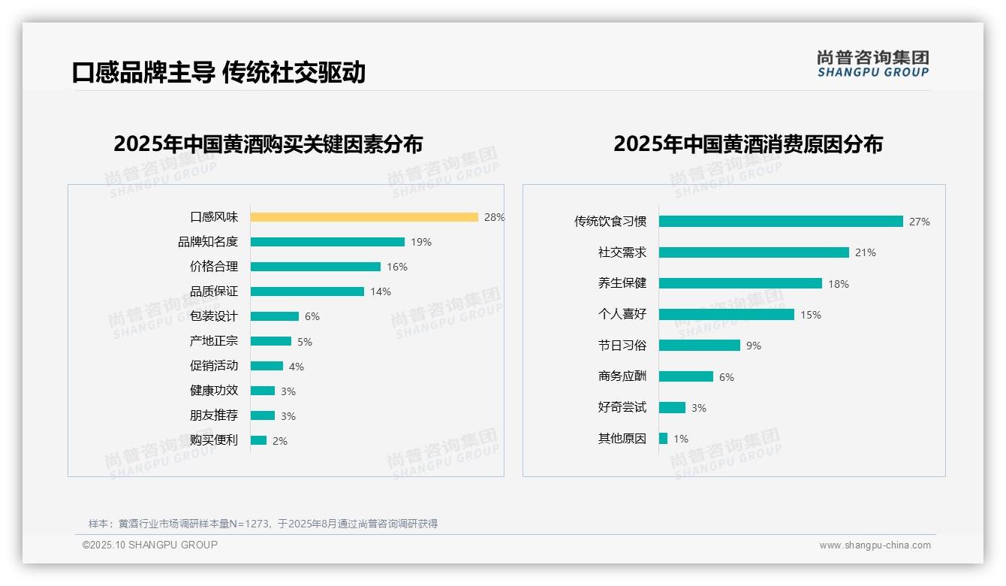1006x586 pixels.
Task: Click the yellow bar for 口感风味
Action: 364,217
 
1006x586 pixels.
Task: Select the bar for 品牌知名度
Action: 327,242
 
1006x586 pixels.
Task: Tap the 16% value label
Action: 397,267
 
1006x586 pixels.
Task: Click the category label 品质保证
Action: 214,291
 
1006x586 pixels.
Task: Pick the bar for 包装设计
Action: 275,316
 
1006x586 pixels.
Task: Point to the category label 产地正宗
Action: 214,341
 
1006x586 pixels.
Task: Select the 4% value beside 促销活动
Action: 297,367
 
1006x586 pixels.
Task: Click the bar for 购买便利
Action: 259,440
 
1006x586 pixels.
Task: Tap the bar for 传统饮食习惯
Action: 781,222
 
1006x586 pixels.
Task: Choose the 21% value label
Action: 866,252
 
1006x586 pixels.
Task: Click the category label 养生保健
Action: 622,283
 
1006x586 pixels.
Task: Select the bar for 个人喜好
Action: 727,315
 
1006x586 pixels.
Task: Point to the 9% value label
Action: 754,346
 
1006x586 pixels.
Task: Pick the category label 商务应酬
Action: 622,376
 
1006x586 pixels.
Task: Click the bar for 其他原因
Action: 664,438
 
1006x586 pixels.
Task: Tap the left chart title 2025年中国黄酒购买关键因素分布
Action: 268,143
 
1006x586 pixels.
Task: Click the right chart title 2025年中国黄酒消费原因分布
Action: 748,143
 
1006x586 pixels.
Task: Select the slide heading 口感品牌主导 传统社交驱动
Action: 218,72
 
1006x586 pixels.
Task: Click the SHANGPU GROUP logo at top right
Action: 873,64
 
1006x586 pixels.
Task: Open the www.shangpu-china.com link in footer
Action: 875,545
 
